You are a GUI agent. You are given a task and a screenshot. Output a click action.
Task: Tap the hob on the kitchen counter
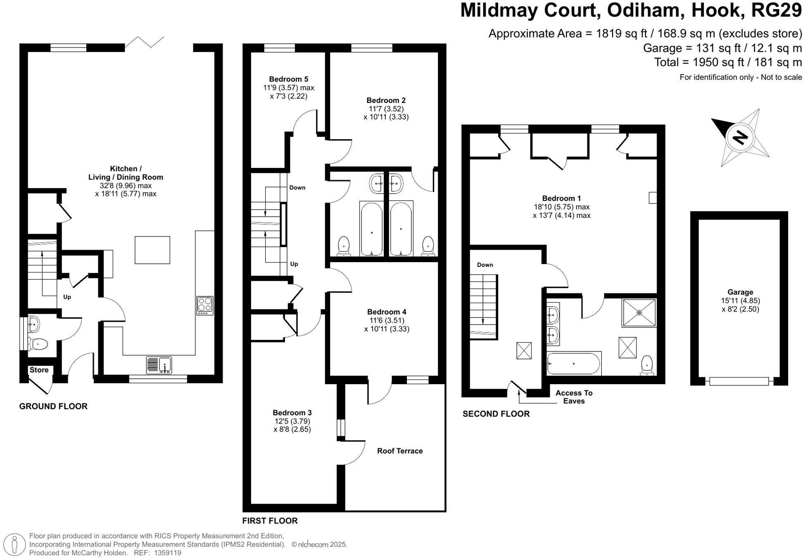click(205, 306)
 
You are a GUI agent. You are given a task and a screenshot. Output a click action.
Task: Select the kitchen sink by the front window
click(159, 365)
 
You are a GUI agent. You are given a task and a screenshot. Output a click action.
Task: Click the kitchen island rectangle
click(152, 250)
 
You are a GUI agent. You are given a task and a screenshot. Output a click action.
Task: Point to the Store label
click(39, 370)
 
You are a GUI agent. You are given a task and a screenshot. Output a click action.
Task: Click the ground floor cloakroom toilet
click(38, 344)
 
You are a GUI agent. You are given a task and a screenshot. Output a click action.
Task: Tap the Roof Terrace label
click(399, 451)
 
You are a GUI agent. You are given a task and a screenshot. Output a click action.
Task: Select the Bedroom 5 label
click(288, 79)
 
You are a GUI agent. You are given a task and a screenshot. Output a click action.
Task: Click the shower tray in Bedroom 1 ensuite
click(639, 313)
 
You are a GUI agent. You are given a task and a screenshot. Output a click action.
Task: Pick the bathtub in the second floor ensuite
click(574, 363)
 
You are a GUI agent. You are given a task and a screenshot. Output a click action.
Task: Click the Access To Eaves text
click(574, 397)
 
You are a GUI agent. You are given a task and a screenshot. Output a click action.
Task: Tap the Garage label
click(740, 292)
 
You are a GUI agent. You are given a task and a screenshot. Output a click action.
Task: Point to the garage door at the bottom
click(739, 381)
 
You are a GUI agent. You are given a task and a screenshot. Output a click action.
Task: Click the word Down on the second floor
click(485, 265)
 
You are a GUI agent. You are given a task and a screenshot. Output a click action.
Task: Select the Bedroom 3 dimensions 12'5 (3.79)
click(292, 421)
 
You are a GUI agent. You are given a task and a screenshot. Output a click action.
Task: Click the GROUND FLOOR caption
click(53, 406)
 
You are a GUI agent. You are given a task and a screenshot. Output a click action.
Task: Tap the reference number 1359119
click(167, 553)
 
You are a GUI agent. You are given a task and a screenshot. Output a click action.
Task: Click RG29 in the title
click(776, 10)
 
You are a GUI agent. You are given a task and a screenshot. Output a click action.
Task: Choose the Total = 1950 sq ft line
click(728, 62)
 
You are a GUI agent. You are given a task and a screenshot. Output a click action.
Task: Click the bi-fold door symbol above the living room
click(145, 41)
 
